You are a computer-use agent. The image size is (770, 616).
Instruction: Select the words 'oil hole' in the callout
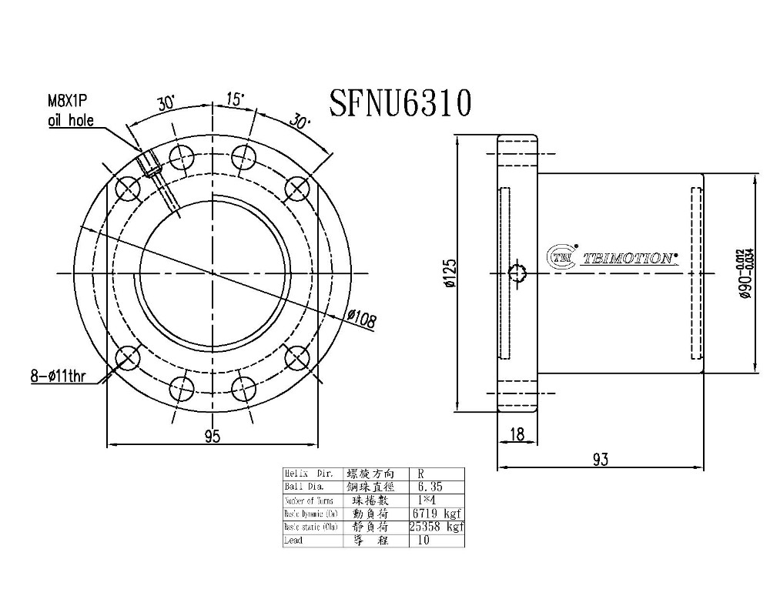point(70,121)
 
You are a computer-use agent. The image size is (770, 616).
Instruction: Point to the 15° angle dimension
point(235,99)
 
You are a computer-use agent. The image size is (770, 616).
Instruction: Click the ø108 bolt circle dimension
point(361,319)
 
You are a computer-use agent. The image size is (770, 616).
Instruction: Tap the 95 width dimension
point(213,436)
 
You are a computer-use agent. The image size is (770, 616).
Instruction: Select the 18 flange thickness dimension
point(517,435)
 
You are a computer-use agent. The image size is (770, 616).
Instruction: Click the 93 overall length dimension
point(601,459)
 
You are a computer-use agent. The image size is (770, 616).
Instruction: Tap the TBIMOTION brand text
point(628,259)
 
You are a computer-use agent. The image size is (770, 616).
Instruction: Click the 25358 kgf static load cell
point(437,527)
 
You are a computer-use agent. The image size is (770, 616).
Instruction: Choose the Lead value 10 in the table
point(423,541)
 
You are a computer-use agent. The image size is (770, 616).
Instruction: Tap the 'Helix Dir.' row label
point(307,474)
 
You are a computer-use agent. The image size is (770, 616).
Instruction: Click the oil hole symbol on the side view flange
point(517,273)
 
